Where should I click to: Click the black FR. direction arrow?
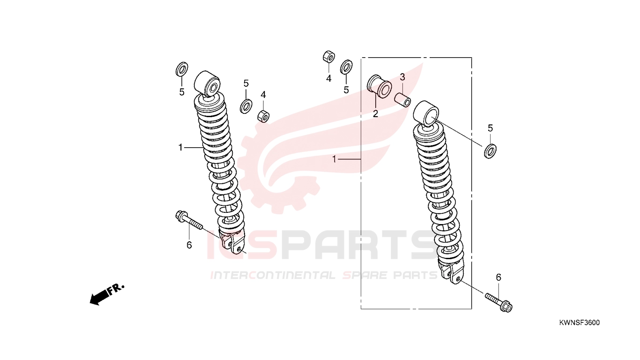107,295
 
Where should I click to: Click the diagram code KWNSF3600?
580,323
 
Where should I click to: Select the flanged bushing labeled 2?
379,86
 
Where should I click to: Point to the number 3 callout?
402,77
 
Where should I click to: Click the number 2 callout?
375,114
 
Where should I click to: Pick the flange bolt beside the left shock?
189,220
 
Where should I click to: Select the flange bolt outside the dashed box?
499,302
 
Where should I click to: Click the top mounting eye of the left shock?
207,83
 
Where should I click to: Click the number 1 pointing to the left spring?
180,148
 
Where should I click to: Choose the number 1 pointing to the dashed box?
334,159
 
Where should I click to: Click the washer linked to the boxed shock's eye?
490,151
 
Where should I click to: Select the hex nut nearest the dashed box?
329,57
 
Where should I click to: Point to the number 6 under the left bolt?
189,245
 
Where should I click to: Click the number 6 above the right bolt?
499,277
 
